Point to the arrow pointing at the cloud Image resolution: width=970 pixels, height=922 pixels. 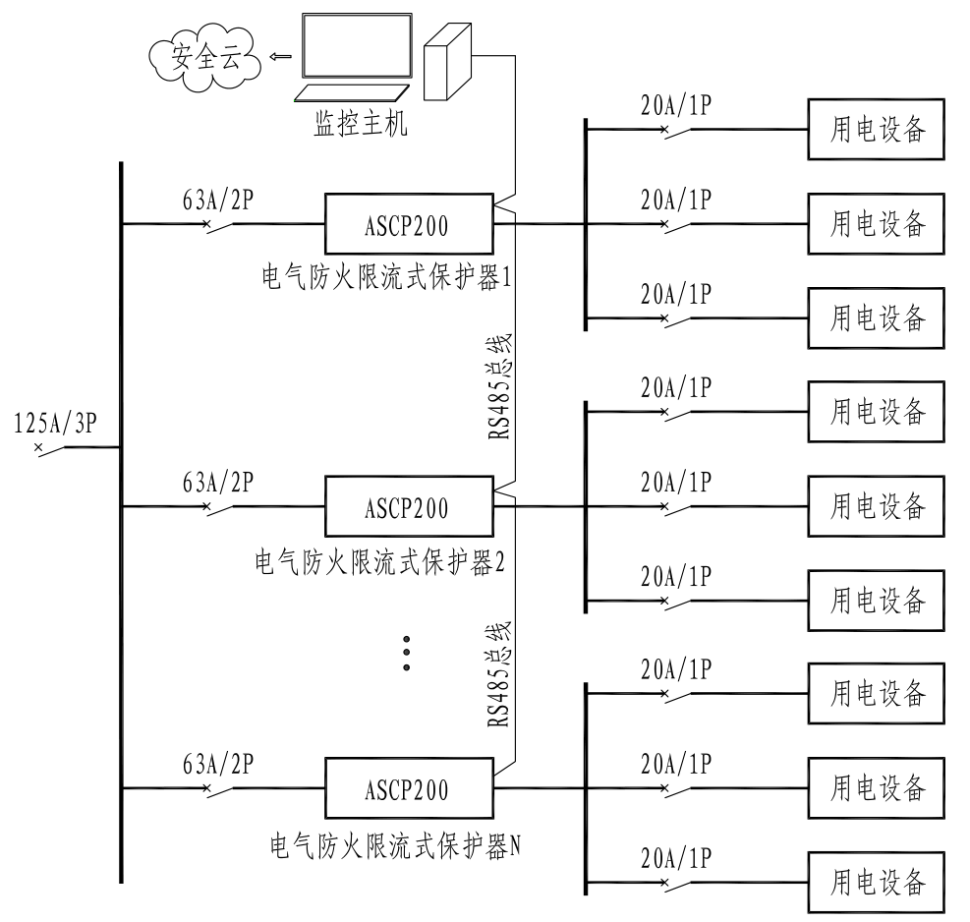[x=280, y=56]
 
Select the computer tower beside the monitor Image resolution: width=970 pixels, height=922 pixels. [x=448, y=60]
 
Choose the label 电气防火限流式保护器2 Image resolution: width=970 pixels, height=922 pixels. [x=379, y=562]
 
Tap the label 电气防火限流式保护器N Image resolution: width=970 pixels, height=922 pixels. [x=394, y=843]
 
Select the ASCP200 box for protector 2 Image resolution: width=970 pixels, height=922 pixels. [x=408, y=507]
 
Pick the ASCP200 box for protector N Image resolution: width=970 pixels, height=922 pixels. [x=408, y=788]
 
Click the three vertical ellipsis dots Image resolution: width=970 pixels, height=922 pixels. [x=406, y=653]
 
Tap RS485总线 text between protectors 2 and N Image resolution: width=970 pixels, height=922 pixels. [x=500, y=674]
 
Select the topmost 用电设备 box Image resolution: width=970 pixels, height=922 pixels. [x=877, y=130]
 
